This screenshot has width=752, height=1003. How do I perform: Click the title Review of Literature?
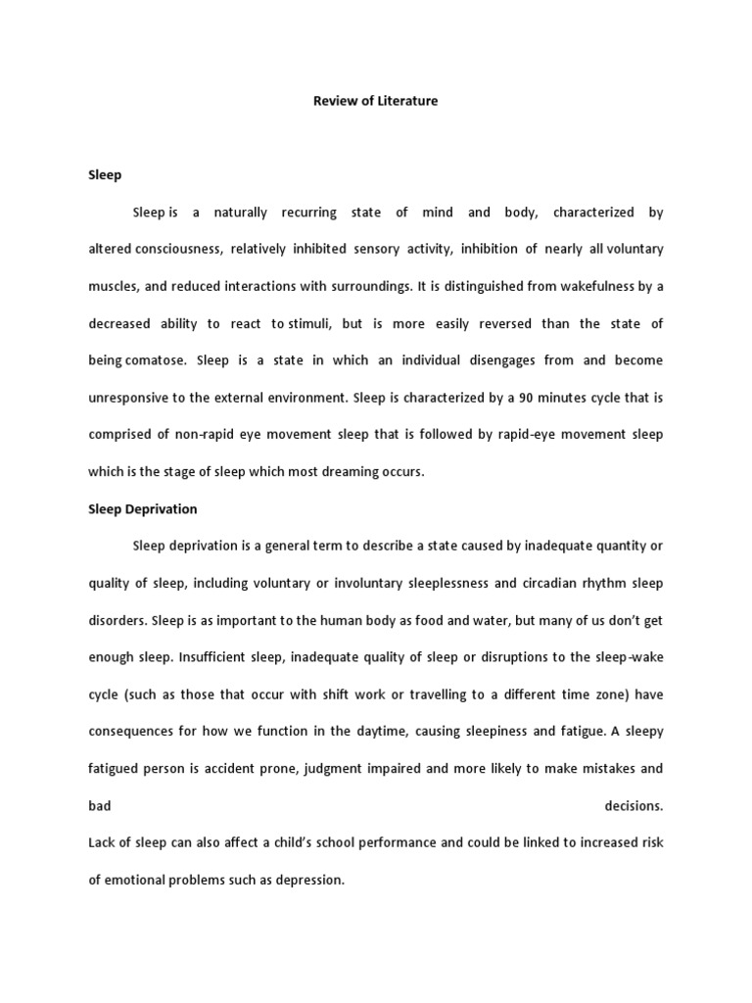(375, 101)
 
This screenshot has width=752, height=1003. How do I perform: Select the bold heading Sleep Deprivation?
(143, 509)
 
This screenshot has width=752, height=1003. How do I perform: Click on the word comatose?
(158, 360)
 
